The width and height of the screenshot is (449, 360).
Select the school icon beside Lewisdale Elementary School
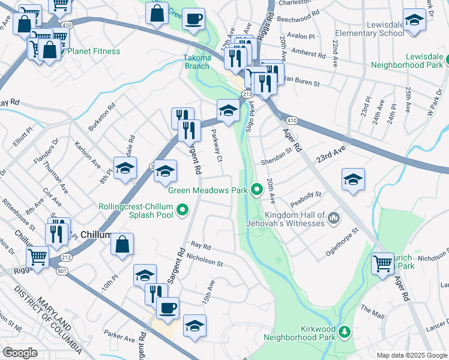[x=414, y=22]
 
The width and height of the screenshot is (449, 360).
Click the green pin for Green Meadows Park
[x=258, y=190]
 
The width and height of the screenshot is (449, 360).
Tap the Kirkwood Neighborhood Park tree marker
[x=345, y=332]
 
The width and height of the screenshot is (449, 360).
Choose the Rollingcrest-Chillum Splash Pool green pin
[x=182, y=211]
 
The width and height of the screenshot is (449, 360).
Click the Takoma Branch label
[x=197, y=62]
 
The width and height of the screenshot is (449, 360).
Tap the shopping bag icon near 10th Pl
[x=122, y=245]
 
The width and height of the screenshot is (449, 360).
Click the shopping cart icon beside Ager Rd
[x=382, y=263]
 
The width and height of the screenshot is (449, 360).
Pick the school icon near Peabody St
[x=354, y=179]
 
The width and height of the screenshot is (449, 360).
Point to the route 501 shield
[x=60, y=271]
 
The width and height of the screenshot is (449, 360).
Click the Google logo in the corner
[x=20, y=353]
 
